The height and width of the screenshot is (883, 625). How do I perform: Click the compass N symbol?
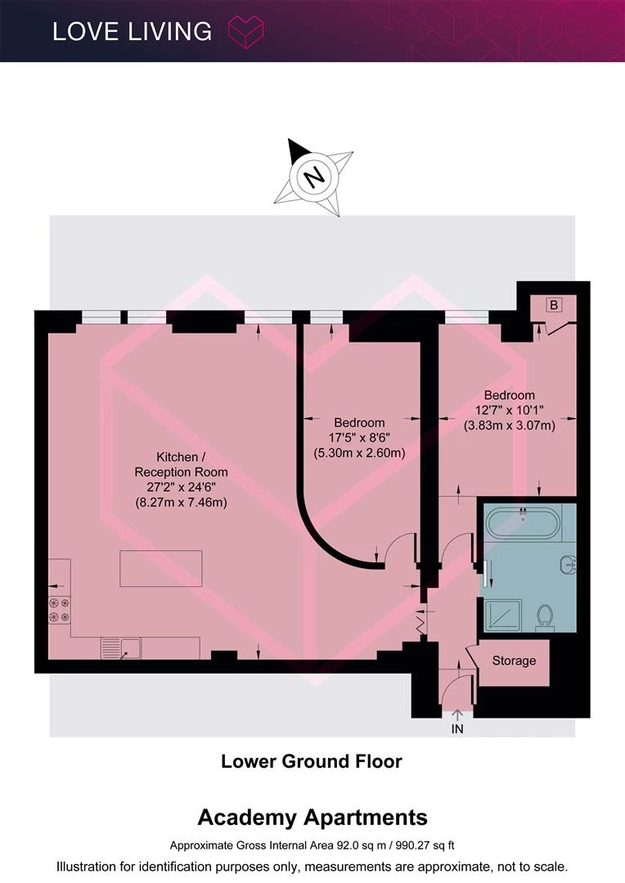pos(313,177)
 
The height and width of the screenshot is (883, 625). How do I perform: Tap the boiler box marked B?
pos(554,305)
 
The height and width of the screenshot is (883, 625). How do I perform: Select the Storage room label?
pos(514,661)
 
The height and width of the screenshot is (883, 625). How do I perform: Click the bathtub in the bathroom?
pos(523,523)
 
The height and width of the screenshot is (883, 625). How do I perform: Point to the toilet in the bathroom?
pos(544,617)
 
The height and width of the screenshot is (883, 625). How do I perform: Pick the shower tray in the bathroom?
pos(504,616)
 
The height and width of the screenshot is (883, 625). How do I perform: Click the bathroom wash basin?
pos(568,563)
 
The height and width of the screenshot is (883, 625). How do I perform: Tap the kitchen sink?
pos(121,648)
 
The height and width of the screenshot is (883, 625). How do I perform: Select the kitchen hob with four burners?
pos(60,610)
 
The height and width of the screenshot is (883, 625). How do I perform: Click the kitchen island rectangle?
pos(160,569)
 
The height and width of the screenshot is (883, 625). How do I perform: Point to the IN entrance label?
pos(457,728)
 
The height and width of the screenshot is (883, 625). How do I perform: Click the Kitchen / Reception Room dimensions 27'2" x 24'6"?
pos(181,487)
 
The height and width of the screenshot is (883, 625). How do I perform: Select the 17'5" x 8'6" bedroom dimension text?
pos(360,437)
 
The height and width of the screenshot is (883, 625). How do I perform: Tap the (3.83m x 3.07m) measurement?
pos(510,426)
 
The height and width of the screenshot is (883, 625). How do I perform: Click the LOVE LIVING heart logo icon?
pos(245,32)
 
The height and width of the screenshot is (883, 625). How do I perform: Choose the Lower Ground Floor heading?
pos(312,761)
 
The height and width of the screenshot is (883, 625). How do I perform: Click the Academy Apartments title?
pos(312,817)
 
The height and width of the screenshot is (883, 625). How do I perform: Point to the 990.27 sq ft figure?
pos(425,845)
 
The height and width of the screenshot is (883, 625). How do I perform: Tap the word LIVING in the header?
pos(169,32)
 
